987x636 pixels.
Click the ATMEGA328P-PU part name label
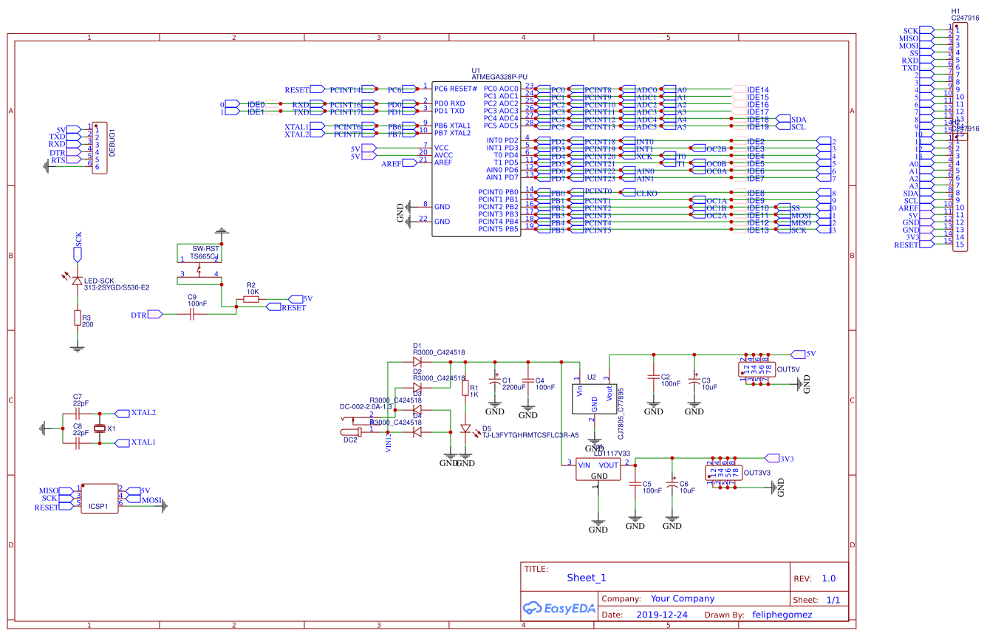(499, 77)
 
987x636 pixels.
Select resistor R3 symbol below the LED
(77, 318)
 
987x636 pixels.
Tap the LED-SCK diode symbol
(77, 281)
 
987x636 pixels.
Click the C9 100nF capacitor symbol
(191, 314)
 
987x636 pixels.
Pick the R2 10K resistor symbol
(251, 300)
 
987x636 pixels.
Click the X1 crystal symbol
(100, 428)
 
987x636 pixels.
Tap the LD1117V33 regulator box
(599, 470)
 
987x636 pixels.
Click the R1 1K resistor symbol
(465, 389)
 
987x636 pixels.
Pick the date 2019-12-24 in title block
(662, 615)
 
